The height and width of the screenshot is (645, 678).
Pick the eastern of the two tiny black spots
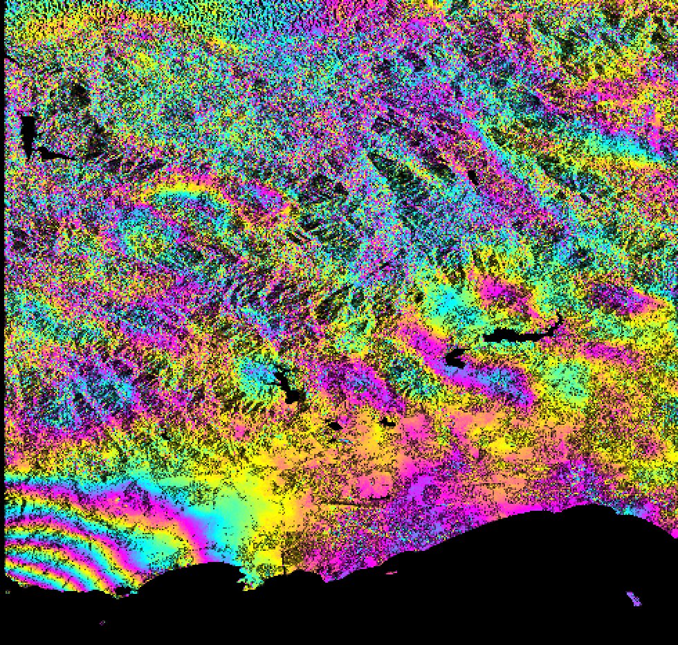click(386, 420)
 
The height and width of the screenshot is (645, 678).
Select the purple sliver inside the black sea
click(633, 598)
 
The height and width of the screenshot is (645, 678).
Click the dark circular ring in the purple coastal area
click(432, 493)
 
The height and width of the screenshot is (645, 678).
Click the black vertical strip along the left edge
click(2, 277)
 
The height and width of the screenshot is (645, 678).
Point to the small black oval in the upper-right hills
click(473, 176)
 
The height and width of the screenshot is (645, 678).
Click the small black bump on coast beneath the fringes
click(122, 590)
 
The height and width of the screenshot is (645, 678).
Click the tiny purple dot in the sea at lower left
click(102, 622)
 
